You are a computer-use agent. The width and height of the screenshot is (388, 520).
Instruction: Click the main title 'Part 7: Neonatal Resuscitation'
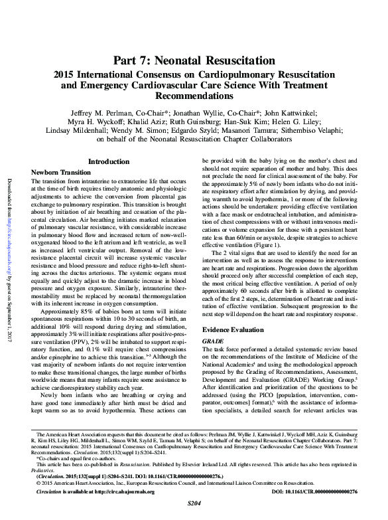coord(194,62)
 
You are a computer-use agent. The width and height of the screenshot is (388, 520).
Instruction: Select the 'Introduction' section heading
coord(109,161)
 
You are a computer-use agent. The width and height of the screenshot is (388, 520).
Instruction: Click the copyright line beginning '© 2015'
coord(172,483)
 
